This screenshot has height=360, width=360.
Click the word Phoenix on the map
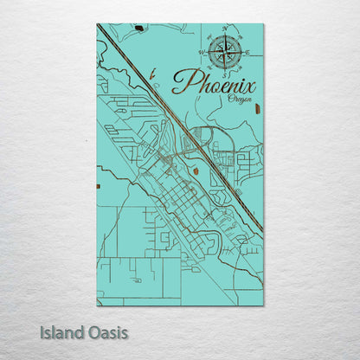[x=215, y=84]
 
